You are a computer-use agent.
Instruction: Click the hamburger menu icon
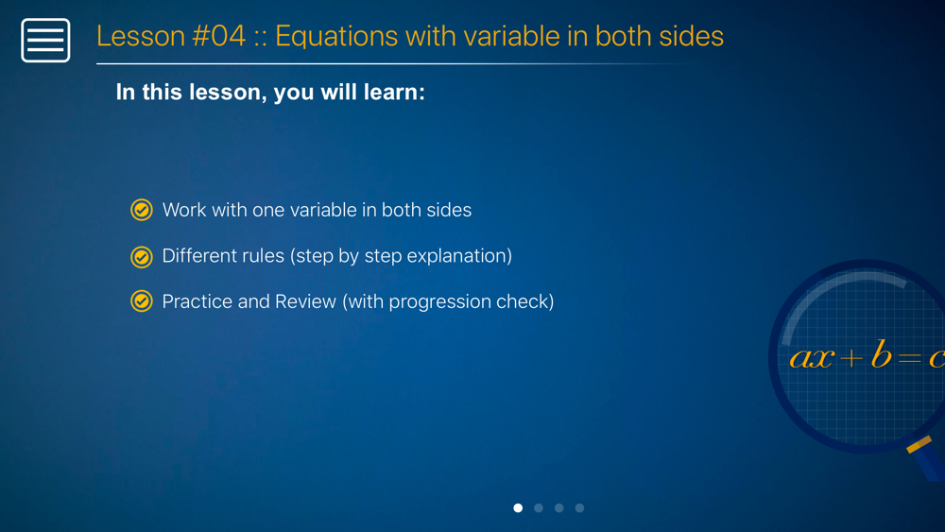pyautogui.click(x=45, y=41)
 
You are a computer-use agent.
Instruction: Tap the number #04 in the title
pyautogui.click(x=219, y=36)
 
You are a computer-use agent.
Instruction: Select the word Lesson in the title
pyautogui.click(x=141, y=36)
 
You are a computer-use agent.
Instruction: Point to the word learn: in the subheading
pyautogui.click(x=394, y=93)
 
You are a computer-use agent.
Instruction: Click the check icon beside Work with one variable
pyautogui.click(x=142, y=210)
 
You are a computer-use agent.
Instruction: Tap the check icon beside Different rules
pyautogui.click(x=142, y=257)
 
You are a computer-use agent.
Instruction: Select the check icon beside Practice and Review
pyautogui.click(x=142, y=300)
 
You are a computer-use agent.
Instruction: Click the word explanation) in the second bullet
pyautogui.click(x=459, y=257)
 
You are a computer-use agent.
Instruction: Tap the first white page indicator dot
pyautogui.click(x=518, y=507)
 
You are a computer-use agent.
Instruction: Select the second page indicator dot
pyautogui.click(x=539, y=507)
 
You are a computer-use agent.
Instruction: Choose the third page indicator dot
pyautogui.click(x=559, y=507)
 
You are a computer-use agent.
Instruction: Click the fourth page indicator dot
pyautogui.click(x=580, y=507)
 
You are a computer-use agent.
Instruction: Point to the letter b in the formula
pyautogui.click(x=881, y=354)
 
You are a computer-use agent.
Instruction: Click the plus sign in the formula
pyautogui.click(x=851, y=358)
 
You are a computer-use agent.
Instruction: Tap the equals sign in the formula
pyautogui.click(x=910, y=358)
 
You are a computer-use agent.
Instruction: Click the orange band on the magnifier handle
pyautogui.click(x=919, y=445)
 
